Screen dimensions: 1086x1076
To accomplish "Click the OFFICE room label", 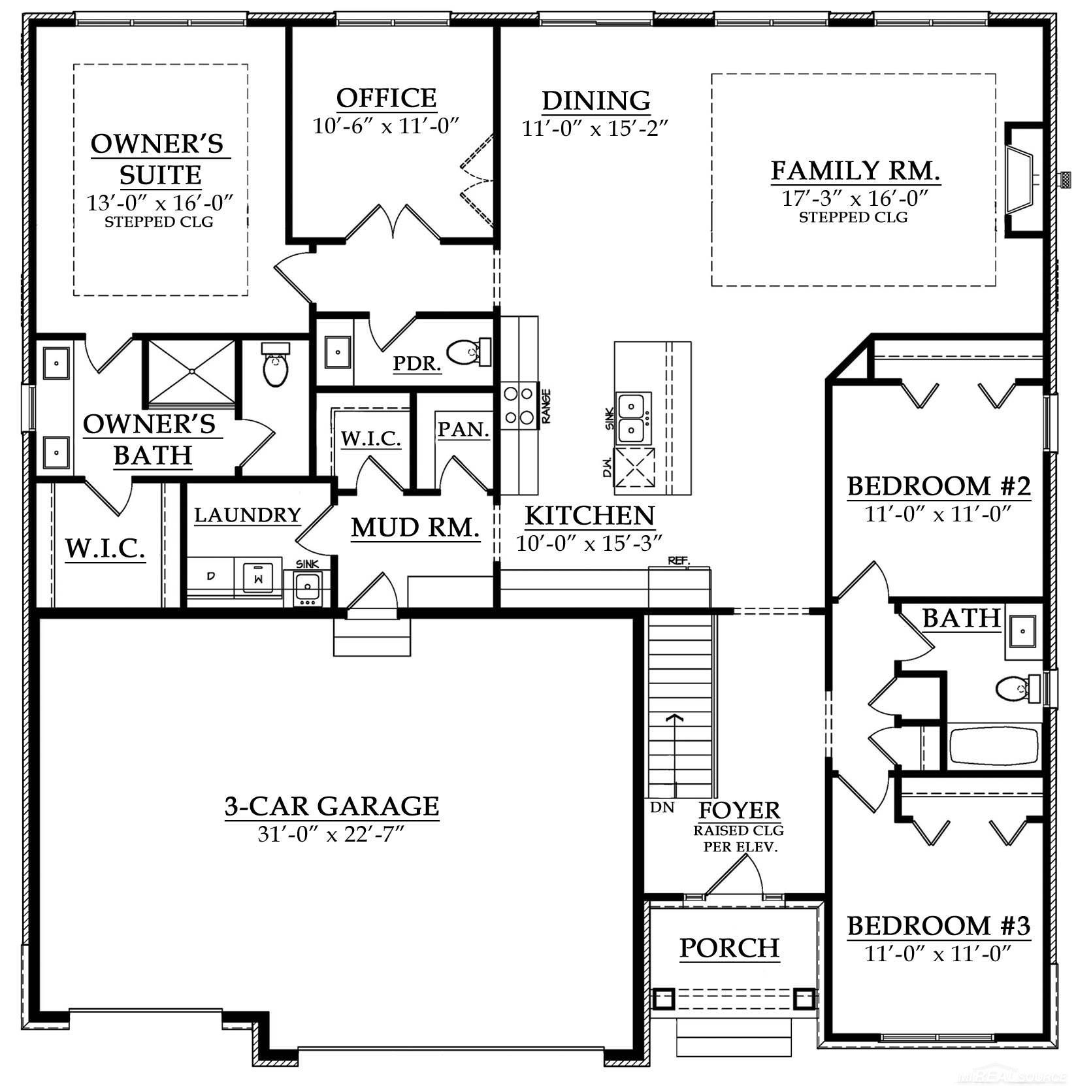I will pos(386,98).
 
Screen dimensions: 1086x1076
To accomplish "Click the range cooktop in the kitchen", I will pos(517,405).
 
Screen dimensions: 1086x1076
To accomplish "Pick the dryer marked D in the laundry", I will pos(210,576).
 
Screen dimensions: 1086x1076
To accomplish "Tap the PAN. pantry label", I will pos(463,429).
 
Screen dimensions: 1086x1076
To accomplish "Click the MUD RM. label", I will pos(416,527).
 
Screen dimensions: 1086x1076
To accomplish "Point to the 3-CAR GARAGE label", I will pos(331,806).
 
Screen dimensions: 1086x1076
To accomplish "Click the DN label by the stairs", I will pos(662,808).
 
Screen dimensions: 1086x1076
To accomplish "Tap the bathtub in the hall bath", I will pos(993,746).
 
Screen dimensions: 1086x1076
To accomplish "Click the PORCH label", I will pos(729,947).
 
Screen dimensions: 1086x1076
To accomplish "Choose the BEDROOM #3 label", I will pos(938,926).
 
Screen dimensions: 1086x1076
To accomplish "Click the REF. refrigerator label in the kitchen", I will pos(679,561).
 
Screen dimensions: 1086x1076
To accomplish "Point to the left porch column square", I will pos(664,998).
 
